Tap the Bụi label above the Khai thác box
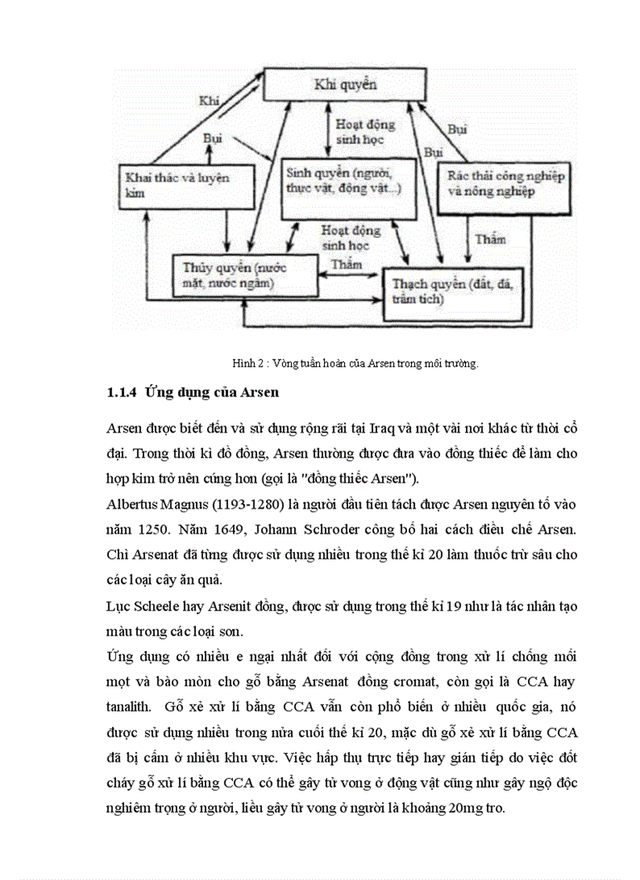click(213, 139)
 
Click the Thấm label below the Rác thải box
click(489, 239)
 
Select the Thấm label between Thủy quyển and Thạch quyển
click(347, 264)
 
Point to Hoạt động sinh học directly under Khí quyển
click(365, 131)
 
